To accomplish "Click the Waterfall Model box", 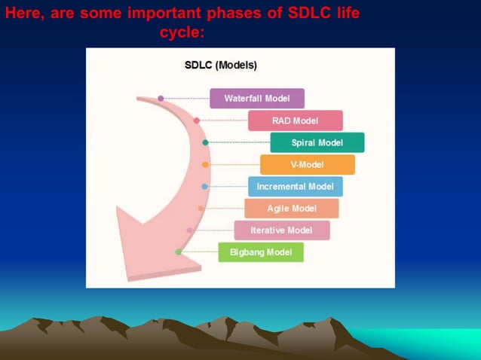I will [257, 99].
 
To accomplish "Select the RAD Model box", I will [295, 121].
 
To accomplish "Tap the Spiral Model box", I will [317, 142].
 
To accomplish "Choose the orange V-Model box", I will [307, 164].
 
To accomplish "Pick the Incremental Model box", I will [295, 186].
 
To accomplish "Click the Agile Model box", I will [291, 208].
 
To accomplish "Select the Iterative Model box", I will [281, 230].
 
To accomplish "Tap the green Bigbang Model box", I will [261, 252].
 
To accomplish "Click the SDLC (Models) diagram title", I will [221, 66].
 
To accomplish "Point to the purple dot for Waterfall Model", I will [161, 99].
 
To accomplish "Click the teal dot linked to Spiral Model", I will [205, 142].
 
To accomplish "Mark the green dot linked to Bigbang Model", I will [179, 252].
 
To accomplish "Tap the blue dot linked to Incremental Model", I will [204, 186].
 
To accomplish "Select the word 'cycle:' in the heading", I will [182, 32].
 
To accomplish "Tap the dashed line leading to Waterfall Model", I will [185, 99].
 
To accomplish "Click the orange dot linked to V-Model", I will [205, 164].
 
